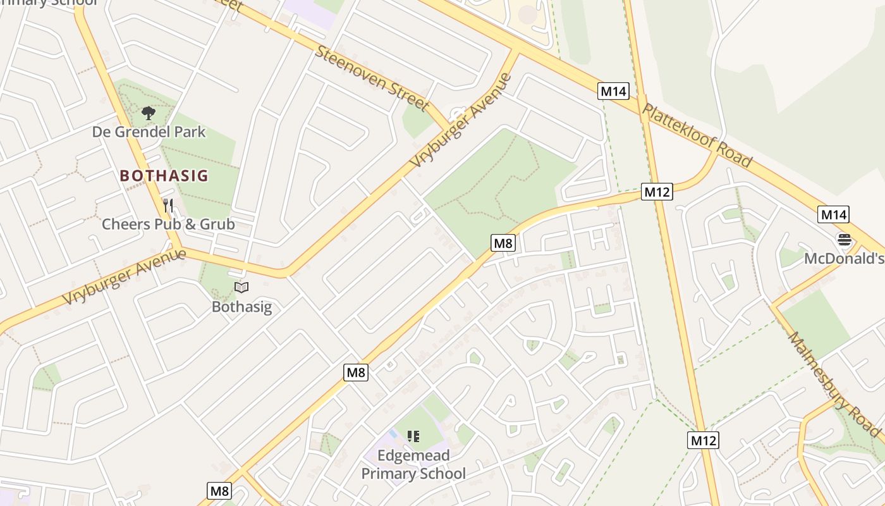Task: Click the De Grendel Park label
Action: tap(149, 132)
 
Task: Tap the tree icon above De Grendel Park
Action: tap(149, 114)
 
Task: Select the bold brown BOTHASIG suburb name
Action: tap(164, 175)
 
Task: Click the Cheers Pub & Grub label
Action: tap(168, 224)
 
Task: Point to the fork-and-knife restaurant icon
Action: tap(168, 206)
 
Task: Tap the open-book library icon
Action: tap(241, 288)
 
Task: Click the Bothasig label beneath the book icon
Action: tap(241, 307)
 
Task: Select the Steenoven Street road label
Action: tap(372, 78)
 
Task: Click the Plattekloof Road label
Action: tap(697, 135)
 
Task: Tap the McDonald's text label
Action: tap(844, 259)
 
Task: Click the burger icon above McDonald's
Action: tap(844, 240)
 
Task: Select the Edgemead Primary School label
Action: tap(413, 464)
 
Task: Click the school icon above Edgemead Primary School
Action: tap(413, 436)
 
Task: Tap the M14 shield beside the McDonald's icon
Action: tap(833, 214)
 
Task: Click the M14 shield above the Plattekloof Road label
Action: tap(613, 91)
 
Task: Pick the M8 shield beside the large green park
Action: tap(503, 242)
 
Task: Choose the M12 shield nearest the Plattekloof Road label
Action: tap(657, 192)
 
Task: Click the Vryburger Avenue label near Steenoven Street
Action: tap(460, 121)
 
